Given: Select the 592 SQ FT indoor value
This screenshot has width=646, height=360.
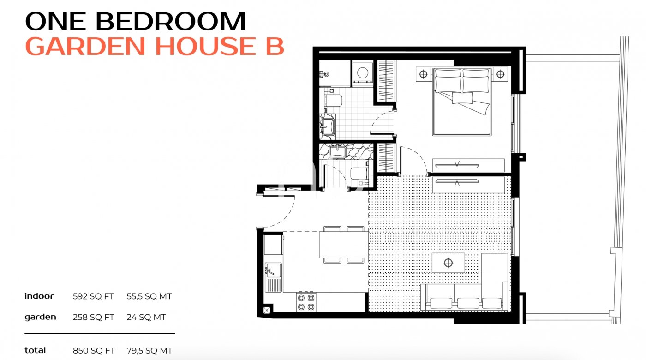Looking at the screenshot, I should pyautogui.click(x=93, y=296).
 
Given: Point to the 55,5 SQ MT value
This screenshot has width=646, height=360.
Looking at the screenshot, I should pyautogui.click(x=149, y=296).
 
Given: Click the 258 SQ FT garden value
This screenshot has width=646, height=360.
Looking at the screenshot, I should pyautogui.click(x=93, y=317).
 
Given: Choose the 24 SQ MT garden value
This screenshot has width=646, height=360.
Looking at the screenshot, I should pyautogui.click(x=146, y=317).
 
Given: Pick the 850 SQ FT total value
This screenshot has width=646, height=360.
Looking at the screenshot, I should pyautogui.click(x=93, y=351).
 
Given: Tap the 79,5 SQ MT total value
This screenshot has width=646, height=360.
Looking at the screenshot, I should pyautogui.click(x=149, y=351).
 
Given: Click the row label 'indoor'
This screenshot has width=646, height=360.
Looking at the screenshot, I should pyautogui.click(x=39, y=296).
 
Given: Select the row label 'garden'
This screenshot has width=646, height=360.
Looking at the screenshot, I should pyautogui.click(x=40, y=317).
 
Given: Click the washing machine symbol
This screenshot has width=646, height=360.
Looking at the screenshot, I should pyautogui.click(x=363, y=73).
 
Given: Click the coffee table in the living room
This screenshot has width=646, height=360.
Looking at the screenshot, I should pyautogui.click(x=448, y=263).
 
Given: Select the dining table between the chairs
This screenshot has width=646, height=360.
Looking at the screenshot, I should pyautogui.click(x=343, y=245).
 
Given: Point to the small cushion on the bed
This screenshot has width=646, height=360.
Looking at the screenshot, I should pyautogui.click(x=462, y=98).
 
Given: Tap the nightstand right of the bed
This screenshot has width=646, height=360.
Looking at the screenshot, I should pyautogui.click(x=500, y=73).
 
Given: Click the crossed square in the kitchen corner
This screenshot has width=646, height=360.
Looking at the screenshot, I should pyautogui.click(x=266, y=310).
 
